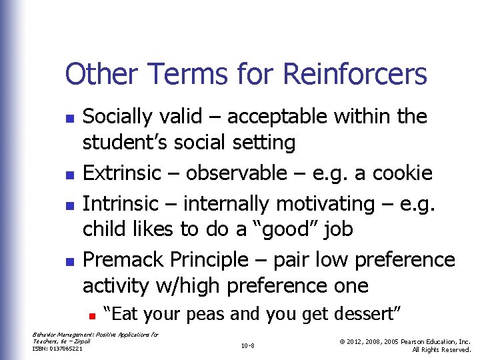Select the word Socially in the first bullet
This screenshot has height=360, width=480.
point(117,117)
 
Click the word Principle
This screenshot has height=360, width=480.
point(206,259)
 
